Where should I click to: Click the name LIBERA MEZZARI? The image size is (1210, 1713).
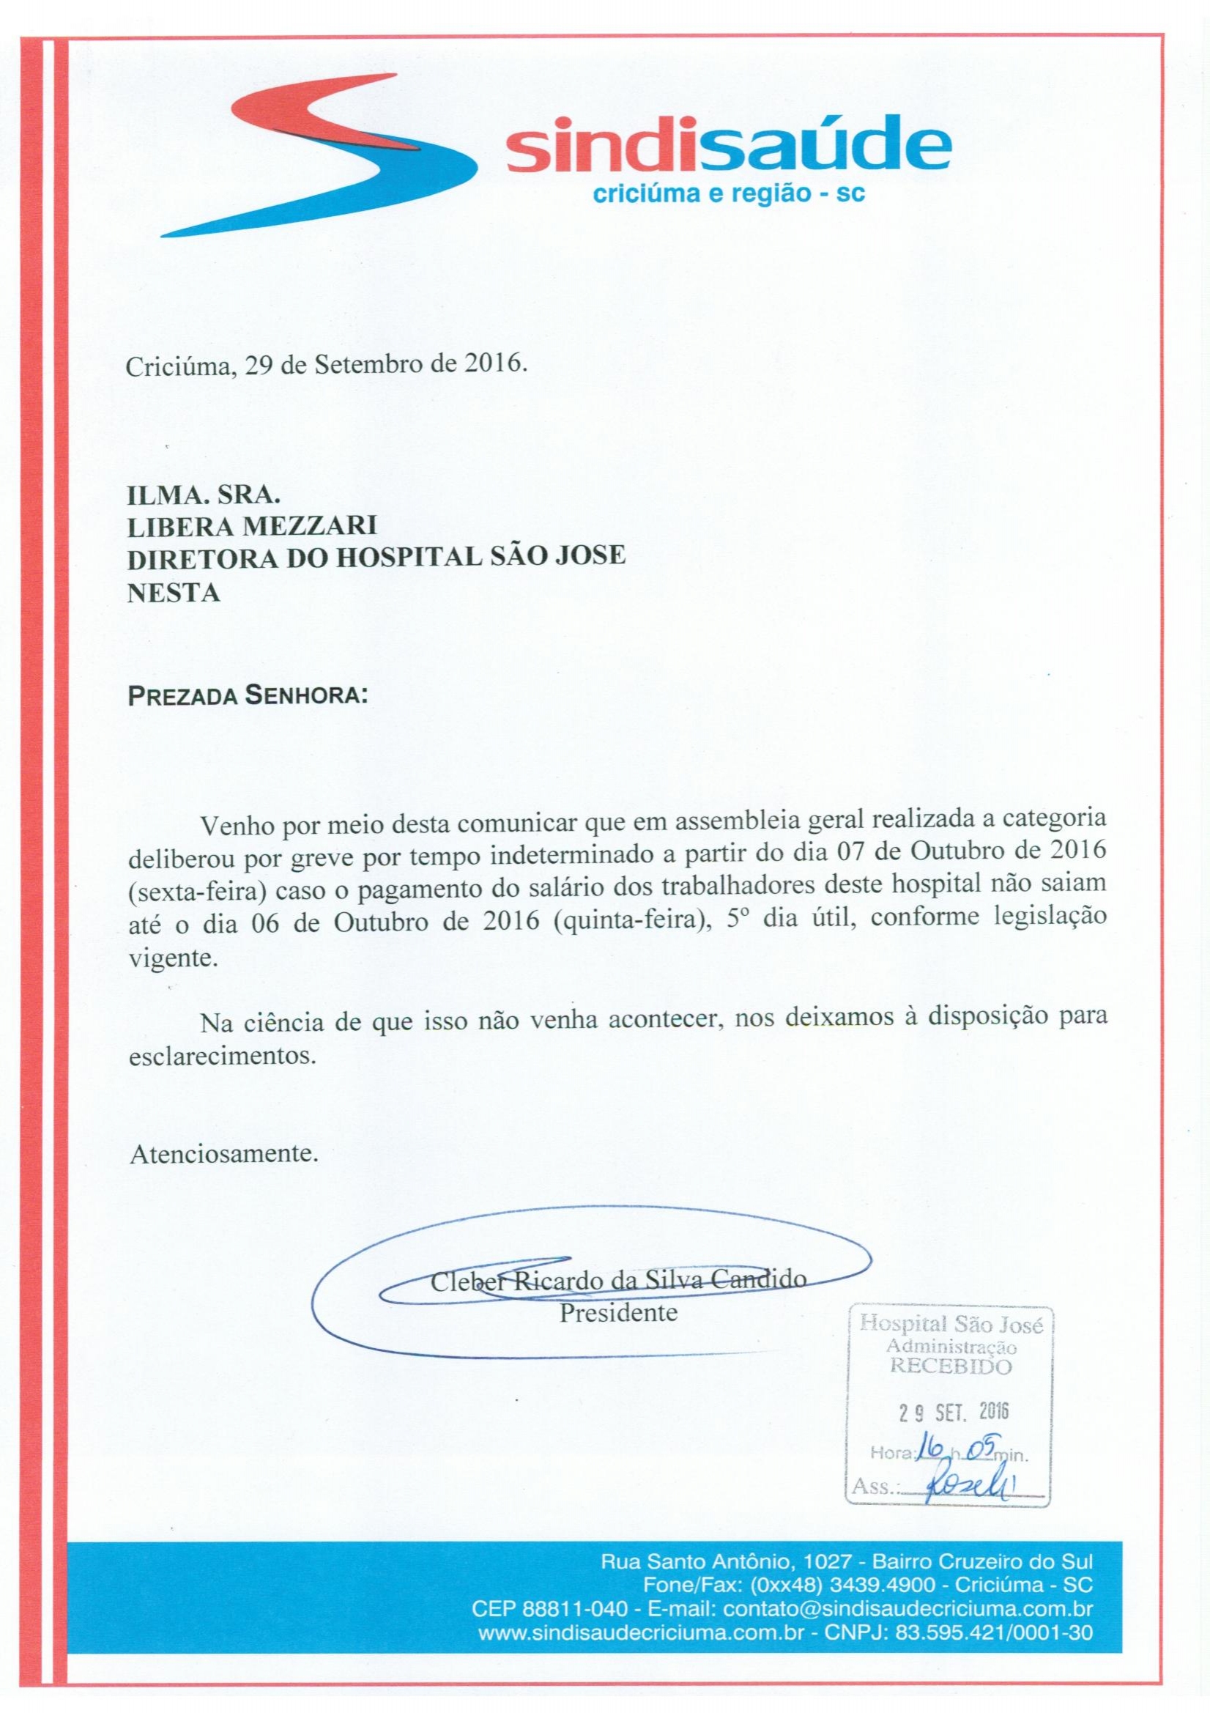click(252, 526)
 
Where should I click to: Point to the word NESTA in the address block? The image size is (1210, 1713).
click(174, 593)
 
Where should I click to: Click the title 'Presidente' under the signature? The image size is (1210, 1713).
click(618, 1313)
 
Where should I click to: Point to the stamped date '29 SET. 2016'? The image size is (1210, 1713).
click(952, 1412)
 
